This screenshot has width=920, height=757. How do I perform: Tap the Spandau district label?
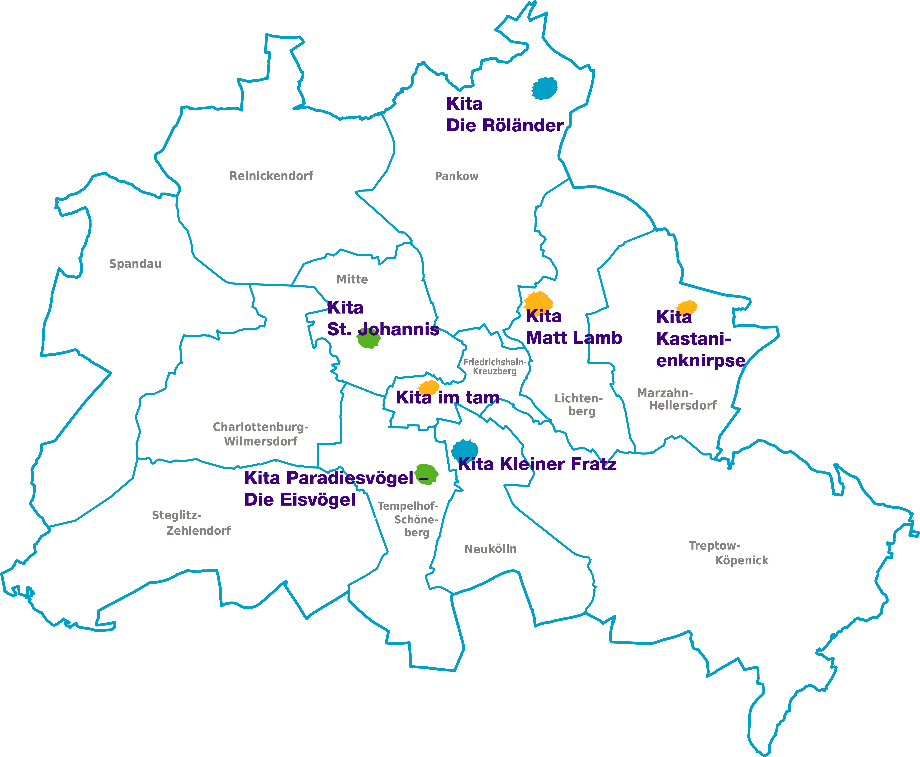coord(135,264)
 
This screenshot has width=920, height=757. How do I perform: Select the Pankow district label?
coord(457,176)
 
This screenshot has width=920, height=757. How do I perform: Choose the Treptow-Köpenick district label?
coord(728,553)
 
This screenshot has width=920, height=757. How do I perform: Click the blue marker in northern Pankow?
coord(545,89)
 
